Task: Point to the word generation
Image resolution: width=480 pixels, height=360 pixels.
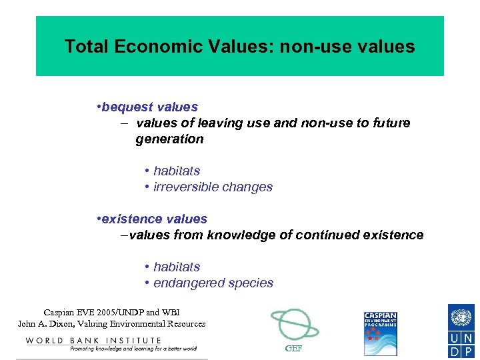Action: pos(169,139)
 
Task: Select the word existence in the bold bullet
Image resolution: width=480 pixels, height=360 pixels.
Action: pos(131,219)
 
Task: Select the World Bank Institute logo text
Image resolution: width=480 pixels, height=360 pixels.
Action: pos(93,341)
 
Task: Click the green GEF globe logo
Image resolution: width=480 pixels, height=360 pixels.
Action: pos(294,325)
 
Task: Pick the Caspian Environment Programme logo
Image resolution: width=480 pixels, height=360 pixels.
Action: pos(381,333)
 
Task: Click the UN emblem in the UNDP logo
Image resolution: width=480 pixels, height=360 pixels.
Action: pos(461,316)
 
